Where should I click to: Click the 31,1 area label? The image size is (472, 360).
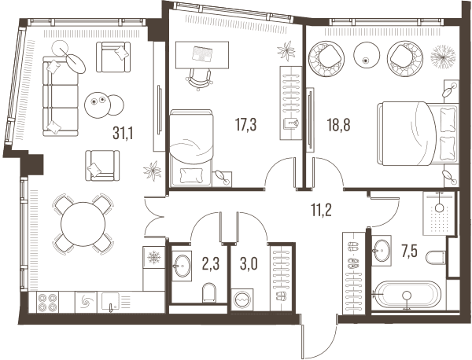123,133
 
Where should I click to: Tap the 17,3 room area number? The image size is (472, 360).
246,125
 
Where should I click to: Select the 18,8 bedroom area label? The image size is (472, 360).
338,125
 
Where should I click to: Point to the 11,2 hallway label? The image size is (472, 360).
322,210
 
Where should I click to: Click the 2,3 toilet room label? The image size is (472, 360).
211,264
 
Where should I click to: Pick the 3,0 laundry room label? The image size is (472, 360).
249,264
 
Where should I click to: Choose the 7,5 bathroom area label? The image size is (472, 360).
409,252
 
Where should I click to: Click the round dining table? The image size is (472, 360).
83,224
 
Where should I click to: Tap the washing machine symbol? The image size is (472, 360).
242,299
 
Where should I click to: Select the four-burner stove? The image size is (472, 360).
48,303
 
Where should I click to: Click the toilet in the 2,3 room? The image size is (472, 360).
209,292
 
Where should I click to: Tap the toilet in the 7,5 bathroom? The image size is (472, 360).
436,257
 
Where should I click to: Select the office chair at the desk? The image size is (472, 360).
200,79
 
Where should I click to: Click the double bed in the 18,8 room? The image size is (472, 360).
418,134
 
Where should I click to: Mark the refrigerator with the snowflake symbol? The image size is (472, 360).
154,258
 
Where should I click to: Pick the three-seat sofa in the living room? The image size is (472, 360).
61,96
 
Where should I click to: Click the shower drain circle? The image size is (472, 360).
440,208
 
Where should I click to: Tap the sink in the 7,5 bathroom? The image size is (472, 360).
382,250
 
